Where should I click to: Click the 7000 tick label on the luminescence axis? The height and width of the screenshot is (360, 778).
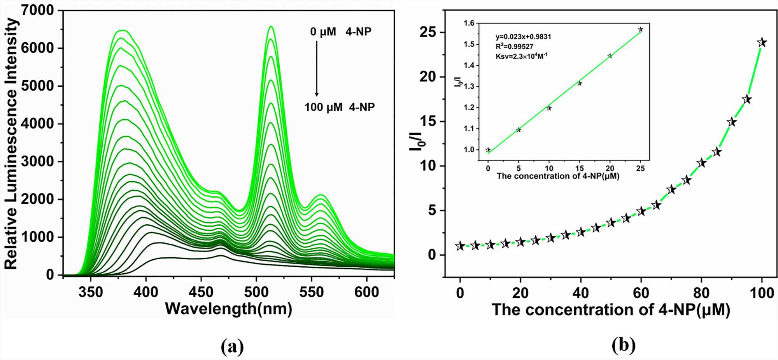click(37, 10)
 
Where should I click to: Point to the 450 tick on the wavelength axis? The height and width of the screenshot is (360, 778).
click(201, 292)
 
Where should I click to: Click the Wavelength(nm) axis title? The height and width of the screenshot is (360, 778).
click(228, 309)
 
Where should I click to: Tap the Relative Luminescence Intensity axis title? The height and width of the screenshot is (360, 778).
click(12, 144)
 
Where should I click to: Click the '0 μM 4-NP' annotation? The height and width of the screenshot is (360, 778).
click(340, 32)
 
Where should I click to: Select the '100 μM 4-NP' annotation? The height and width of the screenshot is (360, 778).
click(339, 107)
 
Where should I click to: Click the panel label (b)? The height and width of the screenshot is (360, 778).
click(624, 345)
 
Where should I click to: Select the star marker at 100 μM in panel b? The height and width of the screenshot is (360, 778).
click(762, 42)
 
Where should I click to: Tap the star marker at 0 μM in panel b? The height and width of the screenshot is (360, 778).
click(460, 246)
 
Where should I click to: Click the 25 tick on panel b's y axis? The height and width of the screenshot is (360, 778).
click(428, 32)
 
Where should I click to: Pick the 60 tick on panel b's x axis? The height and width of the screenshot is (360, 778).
click(641, 293)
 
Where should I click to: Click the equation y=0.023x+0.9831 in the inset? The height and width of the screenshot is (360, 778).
click(523, 37)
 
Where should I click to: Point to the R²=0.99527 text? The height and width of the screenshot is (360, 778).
click(514, 47)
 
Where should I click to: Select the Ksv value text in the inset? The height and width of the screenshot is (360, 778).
click(521, 56)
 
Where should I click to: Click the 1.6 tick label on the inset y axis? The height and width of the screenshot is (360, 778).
click(469, 23)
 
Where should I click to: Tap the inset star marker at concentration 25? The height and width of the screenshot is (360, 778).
click(640, 30)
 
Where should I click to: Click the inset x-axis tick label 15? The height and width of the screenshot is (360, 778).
click(580, 168)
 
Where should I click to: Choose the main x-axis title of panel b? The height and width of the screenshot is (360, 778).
click(611, 310)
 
